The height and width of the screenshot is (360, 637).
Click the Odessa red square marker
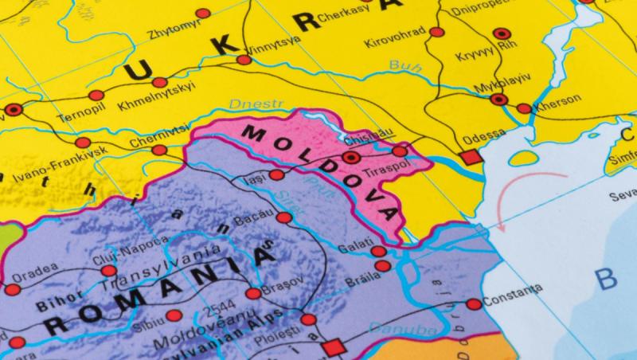pyautogui.click(x=471, y=157)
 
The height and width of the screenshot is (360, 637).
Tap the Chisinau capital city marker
pyautogui.click(x=352, y=158)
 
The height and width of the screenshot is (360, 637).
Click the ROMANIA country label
pyautogui.click(x=159, y=291)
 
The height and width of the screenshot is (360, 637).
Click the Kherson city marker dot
pyautogui.click(x=524, y=108)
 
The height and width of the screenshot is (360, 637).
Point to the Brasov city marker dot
pyautogui.click(x=253, y=293)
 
